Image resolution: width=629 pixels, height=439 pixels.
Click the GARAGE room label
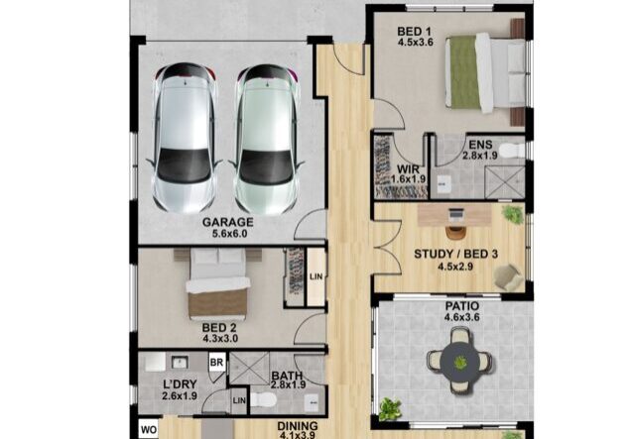tap(227, 222)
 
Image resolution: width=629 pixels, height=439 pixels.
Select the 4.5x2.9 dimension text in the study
tap(455, 267)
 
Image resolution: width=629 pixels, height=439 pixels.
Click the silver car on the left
tap(185, 138)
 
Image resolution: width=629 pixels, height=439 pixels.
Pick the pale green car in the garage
tap(265, 139)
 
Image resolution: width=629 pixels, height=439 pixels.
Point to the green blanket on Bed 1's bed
tap(463, 72)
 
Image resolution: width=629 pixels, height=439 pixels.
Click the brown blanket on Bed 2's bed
tap(217, 302)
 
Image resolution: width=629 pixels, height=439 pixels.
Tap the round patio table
tap(459, 362)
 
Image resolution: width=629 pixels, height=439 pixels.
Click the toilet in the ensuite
tap(512, 151)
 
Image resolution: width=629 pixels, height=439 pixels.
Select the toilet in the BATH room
tap(263, 399)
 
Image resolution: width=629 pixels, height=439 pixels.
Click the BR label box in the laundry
tap(216, 363)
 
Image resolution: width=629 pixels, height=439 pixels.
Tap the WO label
tap(148, 430)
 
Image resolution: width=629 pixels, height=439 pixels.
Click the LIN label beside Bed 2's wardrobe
tap(316, 276)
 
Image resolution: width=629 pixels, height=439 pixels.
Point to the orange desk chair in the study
tap(455, 233)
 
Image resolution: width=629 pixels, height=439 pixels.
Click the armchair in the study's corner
tap(508, 276)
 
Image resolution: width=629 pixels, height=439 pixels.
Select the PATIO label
tap(462, 306)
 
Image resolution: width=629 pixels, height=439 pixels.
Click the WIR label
tap(408, 169)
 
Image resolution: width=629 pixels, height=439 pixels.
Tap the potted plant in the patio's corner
tap(390, 409)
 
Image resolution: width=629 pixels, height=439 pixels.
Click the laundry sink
tap(180, 362)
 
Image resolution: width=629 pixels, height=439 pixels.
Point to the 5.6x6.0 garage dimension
tap(230, 234)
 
